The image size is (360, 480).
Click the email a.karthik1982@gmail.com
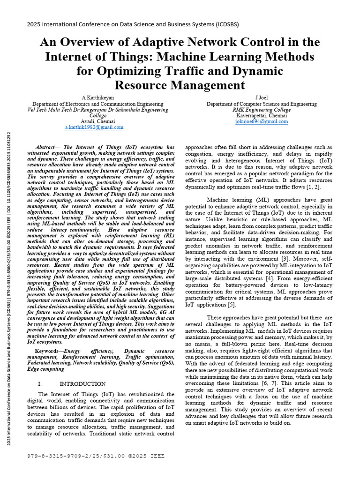pos(94,127)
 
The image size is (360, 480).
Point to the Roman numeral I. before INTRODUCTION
pos(40,384)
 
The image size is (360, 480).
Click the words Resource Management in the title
pos(180,85)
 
